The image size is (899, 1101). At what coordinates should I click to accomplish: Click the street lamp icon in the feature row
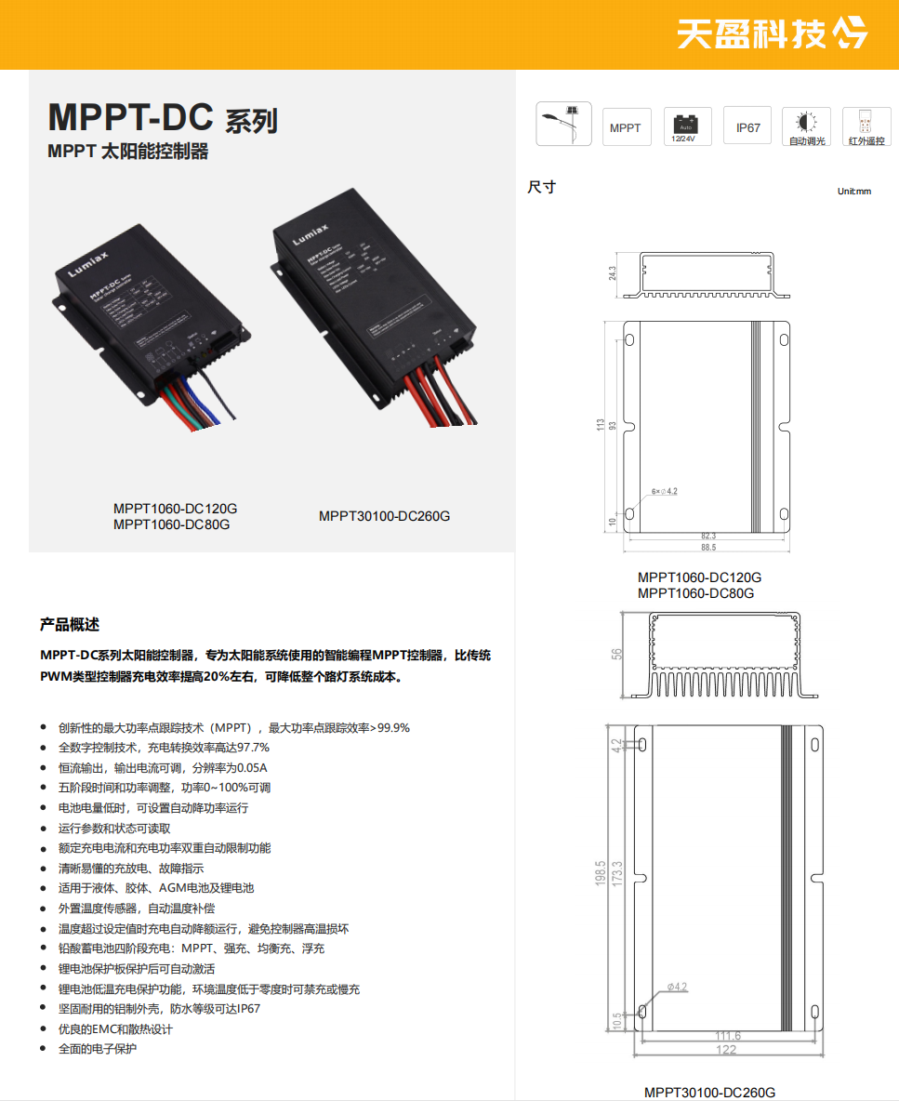[563, 126]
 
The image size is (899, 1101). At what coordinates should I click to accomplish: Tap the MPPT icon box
[626, 127]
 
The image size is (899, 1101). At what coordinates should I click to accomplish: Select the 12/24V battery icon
[687, 126]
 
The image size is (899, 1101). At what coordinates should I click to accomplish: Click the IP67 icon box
[747, 127]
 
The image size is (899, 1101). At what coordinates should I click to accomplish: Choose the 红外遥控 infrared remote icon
[866, 126]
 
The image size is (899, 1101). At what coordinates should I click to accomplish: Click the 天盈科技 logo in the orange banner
[771, 33]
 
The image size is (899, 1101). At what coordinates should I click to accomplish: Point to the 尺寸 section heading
[541, 187]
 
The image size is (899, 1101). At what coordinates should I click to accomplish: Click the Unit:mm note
[853, 191]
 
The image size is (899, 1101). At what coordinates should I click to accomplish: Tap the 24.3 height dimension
[614, 274]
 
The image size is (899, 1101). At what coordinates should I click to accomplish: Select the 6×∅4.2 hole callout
[664, 491]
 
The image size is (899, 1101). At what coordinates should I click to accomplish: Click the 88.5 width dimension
[707, 548]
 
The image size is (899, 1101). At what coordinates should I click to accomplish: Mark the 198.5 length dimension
[601, 874]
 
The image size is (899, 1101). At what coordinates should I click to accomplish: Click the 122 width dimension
[726, 1050]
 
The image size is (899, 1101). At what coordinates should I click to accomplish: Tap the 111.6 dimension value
[727, 1036]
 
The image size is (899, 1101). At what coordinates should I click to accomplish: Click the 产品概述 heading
[69, 624]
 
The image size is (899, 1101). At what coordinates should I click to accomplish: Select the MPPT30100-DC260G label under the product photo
[384, 516]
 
